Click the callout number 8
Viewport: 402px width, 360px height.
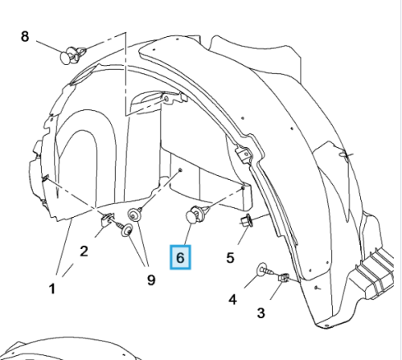25,36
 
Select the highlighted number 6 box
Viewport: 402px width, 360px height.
180,257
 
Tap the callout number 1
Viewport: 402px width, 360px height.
52,289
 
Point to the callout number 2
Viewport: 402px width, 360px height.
84,252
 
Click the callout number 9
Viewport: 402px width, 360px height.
151,280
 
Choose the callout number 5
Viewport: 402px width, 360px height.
231,258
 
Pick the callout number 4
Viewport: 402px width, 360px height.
233,299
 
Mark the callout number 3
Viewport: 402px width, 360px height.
261,313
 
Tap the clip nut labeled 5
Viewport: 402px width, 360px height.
247,220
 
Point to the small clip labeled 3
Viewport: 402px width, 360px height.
284,277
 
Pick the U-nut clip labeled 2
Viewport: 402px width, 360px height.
108,219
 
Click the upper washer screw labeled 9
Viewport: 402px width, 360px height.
135,215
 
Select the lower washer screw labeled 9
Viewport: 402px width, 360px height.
125,230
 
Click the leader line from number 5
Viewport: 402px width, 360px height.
244,235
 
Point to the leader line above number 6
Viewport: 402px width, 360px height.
188,234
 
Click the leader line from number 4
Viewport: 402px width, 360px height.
252,281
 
